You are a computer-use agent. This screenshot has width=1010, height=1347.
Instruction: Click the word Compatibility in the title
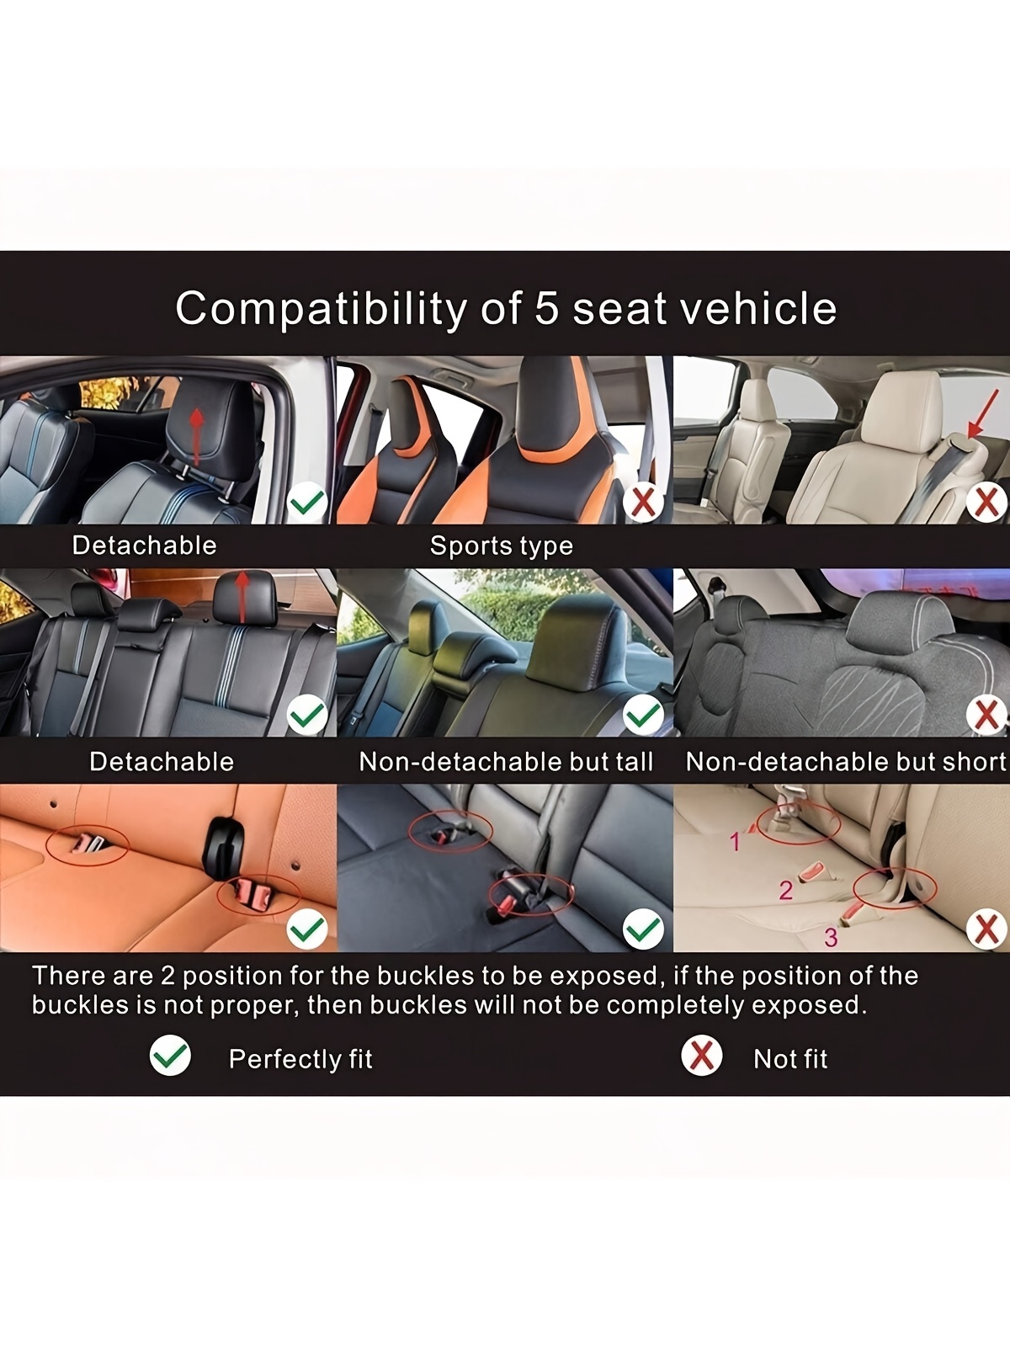(321, 308)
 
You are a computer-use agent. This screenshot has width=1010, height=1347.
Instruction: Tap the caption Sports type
(501, 546)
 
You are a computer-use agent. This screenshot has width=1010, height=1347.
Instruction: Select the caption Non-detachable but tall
(505, 762)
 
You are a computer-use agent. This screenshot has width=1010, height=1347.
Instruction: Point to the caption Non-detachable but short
(846, 762)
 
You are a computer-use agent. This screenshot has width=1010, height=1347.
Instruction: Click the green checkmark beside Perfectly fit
(171, 1055)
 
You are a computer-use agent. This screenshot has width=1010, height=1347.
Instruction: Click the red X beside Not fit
(702, 1055)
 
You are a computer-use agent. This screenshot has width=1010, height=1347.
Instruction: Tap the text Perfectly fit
(300, 1058)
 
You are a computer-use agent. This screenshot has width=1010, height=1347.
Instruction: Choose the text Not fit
(790, 1058)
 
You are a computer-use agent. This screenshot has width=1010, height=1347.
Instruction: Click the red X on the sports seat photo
(643, 503)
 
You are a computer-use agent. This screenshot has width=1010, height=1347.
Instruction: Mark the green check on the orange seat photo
(307, 929)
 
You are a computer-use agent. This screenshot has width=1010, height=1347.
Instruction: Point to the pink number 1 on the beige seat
(736, 842)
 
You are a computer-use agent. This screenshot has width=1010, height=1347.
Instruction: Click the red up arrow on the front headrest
(196, 436)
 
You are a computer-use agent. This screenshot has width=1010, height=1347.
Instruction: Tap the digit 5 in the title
(547, 308)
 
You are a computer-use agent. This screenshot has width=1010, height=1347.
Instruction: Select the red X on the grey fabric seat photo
(986, 715)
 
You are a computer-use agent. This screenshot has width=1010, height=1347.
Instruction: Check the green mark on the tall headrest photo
(643, 715)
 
